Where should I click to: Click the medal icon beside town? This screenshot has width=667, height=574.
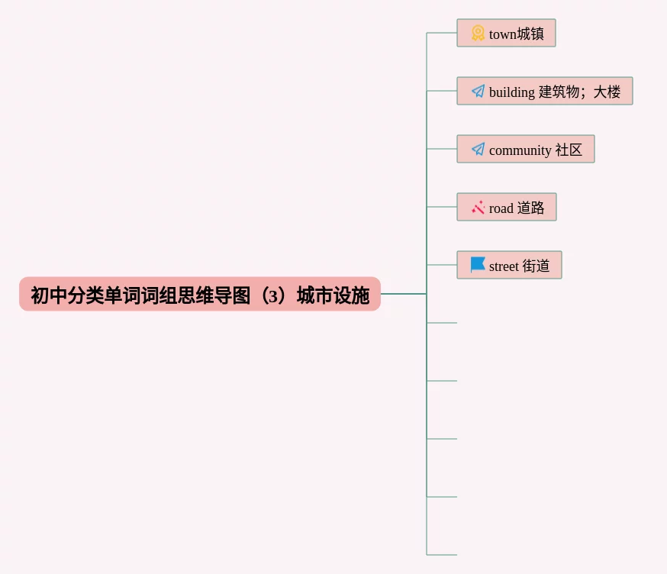coord(478,33)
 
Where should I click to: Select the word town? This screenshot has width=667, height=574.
coord(502,34)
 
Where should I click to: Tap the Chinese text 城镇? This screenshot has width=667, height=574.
coord(530,34)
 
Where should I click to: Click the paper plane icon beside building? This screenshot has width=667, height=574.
coord(478,92)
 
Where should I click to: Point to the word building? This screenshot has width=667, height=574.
coord(511,92)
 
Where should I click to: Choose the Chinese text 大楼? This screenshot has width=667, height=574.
coord(607,92)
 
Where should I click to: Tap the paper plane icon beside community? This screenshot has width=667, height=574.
coord(478,150)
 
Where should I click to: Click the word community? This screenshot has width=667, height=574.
coord(520,150)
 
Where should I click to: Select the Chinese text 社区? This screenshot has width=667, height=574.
coord(569,150)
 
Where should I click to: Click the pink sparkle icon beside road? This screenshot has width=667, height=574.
coord(478,208)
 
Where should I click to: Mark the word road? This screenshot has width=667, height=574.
coord(501,208)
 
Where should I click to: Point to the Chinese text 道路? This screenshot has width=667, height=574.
coord(530,208)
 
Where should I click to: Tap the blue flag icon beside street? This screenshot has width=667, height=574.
coord(478,265)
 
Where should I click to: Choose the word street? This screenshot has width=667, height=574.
coord(504,266)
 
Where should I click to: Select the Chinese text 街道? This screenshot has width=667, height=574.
coord(536,266)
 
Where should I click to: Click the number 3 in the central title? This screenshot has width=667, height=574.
coord(272,295)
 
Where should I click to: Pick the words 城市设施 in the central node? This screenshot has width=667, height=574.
coord(333,295)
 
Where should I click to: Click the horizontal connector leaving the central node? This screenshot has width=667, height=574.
coord(403,294)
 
